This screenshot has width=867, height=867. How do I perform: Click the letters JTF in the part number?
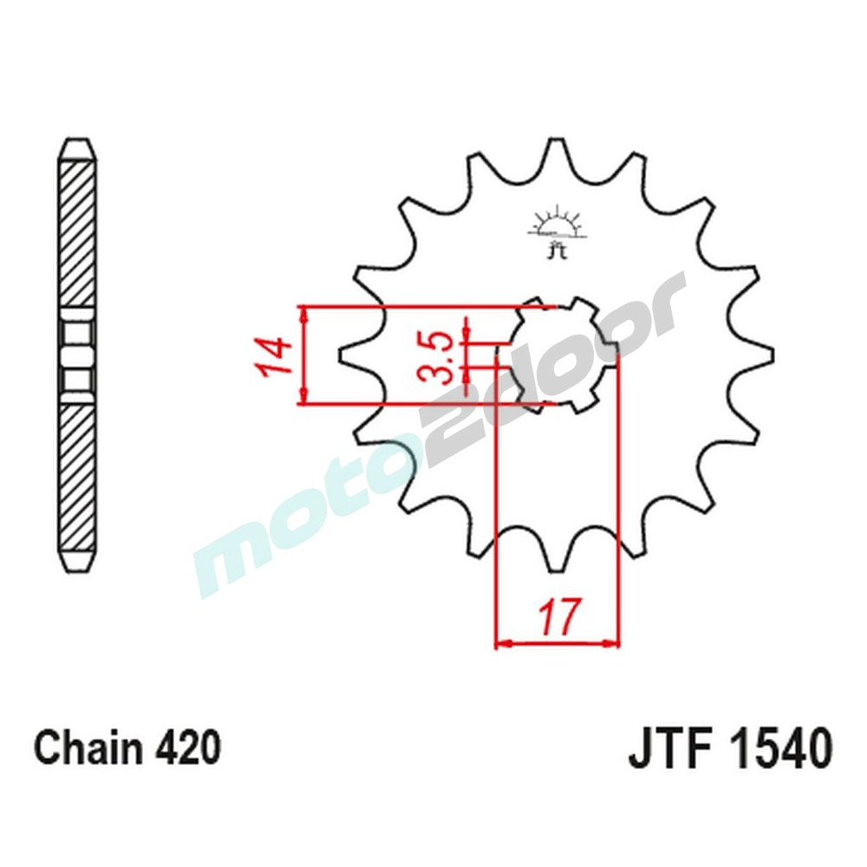[667, 747]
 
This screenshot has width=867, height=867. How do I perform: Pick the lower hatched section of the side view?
[77, 477]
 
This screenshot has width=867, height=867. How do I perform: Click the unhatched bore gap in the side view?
[77, 355]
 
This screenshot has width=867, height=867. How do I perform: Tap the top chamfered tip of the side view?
[77, 149]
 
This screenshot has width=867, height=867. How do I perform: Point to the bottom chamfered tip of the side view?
[77, 562]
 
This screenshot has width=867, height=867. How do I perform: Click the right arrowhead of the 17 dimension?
[615, 643]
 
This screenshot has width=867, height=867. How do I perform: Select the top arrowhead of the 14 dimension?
[303, 313]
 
